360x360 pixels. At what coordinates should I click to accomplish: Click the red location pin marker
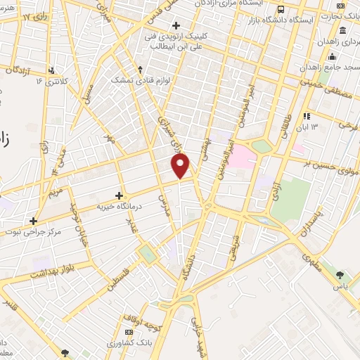coord(181,166)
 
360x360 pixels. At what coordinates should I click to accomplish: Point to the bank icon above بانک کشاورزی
coord(129,332)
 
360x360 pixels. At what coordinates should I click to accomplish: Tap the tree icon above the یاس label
coord(341,274)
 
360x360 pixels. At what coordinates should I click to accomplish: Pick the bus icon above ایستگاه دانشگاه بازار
coord(281,10)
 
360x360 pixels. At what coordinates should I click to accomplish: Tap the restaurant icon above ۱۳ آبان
coord(306,116)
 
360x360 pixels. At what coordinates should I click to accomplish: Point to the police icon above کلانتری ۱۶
coord(51,70)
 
